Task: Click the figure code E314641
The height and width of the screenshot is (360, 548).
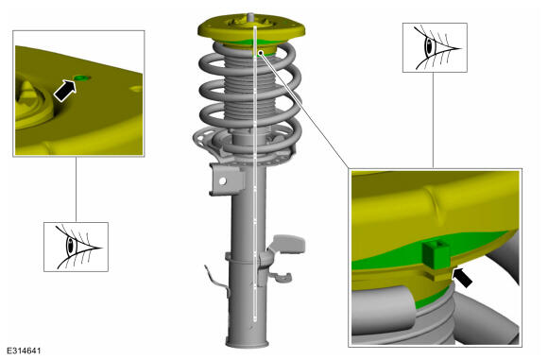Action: tap(24, 351)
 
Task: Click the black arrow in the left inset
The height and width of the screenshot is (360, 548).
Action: tap(64, 91)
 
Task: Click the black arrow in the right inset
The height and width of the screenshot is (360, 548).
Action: tap(462, 277)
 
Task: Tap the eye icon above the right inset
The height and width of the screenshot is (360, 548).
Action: tap(436, 48)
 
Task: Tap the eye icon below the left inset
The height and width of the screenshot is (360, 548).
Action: tap(76, 247)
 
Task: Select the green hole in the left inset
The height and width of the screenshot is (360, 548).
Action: tap(82, 77)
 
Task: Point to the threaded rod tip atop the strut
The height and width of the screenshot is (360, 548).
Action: tap(251, 17)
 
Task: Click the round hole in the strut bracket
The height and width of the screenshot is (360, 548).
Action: tap(223, 181)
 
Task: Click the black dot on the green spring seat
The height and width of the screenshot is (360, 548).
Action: tap(261, 53)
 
